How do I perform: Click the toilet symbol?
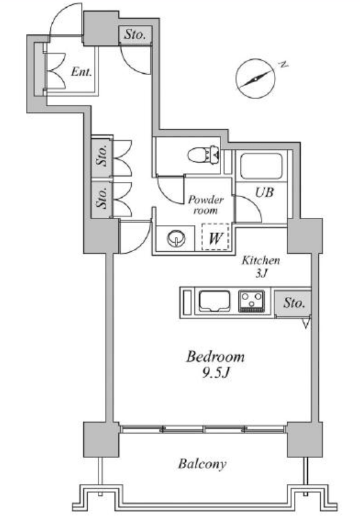pyautogui.click(x=203, y=154)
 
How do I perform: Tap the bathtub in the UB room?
pyautogui.click(x=262, y=166)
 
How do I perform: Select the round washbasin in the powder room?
pyautogui.click(x=176, y=238)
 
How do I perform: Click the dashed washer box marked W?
pyautogui.click(x=215, y=237)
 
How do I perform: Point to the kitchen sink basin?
pyautogui.click(x=215, y=301)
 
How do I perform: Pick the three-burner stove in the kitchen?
pyautogui.click(x=252, y=301)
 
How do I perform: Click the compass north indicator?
pyautogui.click(x=256, y=79)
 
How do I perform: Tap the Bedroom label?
pyautogui.click(x=215, y=357)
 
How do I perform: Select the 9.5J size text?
pyautogui.click(x=216, y=373)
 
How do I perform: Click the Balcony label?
pyautogui.click(x=202, y=464)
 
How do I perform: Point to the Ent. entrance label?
pyautogui.click(x=82, y=72)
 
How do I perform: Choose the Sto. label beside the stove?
pyautogui.click(x=294, y=303)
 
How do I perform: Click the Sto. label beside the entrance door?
pyautogui.click(x=135, y=35)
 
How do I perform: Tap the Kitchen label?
pyautogui.click(x=261, y=260)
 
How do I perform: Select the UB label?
pyautogui.click(x=264, y=192)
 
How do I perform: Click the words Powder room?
pyautogui.click(x=205, y=205)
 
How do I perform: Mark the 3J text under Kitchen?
pyautogui.click(x=261, y=273)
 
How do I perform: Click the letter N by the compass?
pyautogui.click(x=283, y=65)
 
